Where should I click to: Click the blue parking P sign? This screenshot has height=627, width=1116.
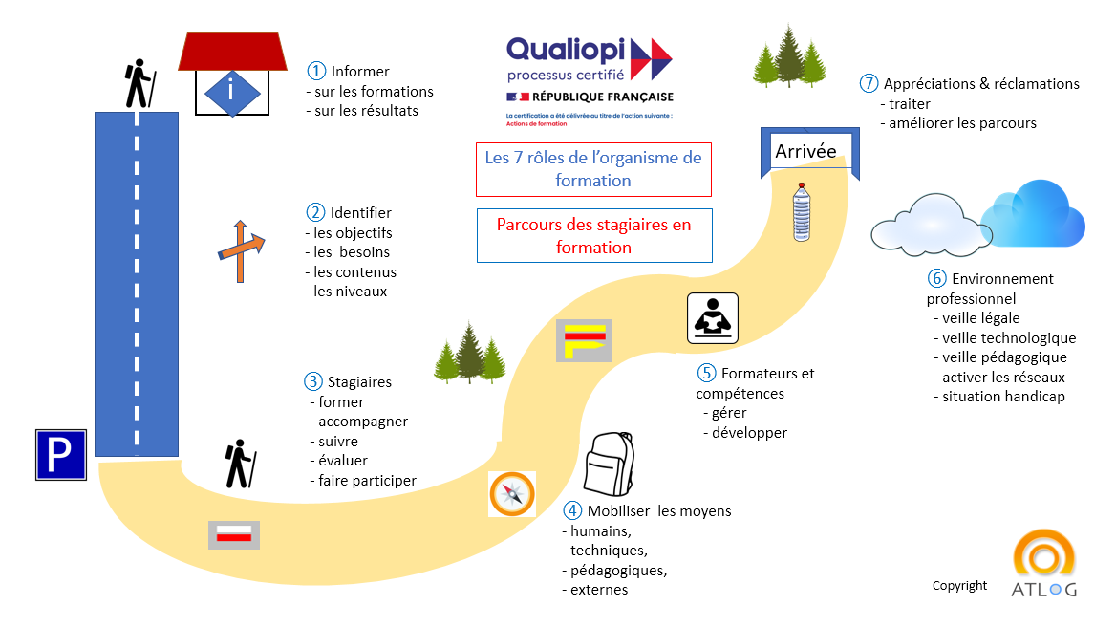(61, 454)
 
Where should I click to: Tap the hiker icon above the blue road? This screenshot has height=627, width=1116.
(139, 83)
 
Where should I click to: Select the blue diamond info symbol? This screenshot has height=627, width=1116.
(231, 92)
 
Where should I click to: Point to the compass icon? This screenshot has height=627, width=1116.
(511, 493)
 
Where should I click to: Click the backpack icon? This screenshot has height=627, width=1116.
(609, 464)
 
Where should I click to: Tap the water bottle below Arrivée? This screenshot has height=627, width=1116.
(801, 213)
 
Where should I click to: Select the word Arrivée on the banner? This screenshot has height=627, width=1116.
(805, 152)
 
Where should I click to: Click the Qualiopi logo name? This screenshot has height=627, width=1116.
(566, 50)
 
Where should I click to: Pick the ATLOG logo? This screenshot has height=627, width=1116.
(1043, 567)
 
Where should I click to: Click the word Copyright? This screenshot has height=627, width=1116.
(959, 586)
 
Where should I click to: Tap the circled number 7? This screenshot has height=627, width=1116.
(868, 84)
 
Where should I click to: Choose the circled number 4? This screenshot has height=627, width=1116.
(571, 511)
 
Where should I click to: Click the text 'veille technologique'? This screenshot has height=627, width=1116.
(1009, 338)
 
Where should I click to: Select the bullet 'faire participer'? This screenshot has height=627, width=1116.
(367, 481)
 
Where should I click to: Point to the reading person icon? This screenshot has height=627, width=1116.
(712, 317)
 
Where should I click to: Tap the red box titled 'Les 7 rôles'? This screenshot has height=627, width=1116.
(593, 169)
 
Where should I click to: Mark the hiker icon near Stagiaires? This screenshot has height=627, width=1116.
(238, 464)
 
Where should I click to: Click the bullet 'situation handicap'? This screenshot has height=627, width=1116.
(1003, 397)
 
